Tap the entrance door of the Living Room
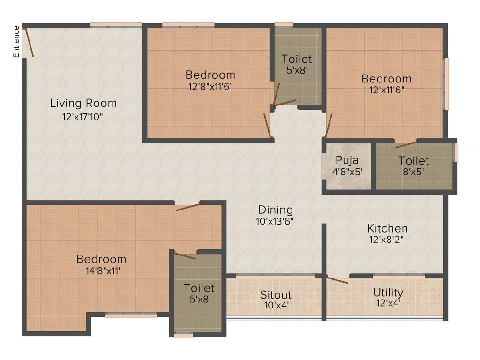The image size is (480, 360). [29, 43]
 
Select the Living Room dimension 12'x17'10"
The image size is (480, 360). [83, 116]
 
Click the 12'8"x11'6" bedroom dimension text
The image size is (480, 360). [210, 87]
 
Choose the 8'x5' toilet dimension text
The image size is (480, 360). [413, 172]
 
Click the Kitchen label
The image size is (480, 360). [387, 229]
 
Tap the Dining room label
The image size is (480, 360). [276, 210]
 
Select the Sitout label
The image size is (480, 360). [276, 295]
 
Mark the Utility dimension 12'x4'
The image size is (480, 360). [388, 303]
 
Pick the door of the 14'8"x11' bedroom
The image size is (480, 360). [187, 207]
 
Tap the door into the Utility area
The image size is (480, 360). [337, 280]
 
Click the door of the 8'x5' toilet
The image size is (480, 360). [406, 144]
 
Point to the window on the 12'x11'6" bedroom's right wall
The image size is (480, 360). [446, 83]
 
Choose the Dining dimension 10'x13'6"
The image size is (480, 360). [276, 221]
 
